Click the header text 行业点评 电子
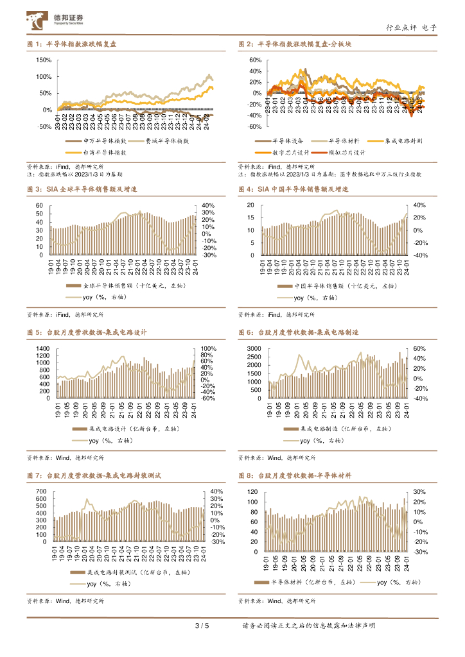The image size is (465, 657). (411, 28)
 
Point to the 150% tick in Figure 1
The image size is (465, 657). (44, 60)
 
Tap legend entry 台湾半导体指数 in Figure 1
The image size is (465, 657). (104, 153)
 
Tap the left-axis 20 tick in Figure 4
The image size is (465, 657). (250, 205)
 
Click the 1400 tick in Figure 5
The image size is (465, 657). (42, 348)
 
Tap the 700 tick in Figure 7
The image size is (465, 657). (40, 491)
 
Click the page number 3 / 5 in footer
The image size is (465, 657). (202, 626)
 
